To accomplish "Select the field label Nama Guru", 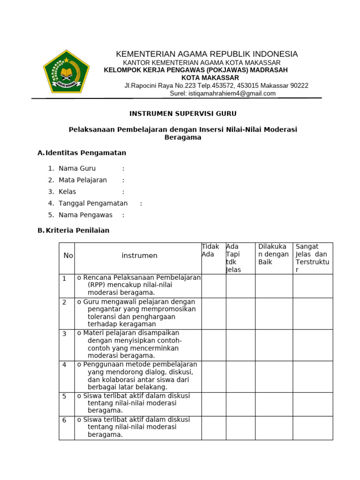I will click(77, 168).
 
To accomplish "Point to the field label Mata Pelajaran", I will click(82, 180).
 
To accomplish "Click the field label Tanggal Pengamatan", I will click(93, 203).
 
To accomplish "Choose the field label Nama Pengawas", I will click(85, 215).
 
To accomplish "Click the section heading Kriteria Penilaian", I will click(77, 230).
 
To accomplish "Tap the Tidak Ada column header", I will click(210, 250).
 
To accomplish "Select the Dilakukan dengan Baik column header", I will click(273, 254).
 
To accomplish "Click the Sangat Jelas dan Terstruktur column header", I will click(312, 258).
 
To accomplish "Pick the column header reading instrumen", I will click(139, 255).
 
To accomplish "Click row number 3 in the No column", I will click(65, 333).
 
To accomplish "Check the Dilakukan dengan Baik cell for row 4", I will click(274, 376).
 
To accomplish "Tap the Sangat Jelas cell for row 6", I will click(313, 427).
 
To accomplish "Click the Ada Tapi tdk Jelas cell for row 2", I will click(240, 313).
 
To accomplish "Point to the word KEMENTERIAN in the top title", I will click(141, 54).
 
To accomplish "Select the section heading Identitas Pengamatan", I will click(86, 153).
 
